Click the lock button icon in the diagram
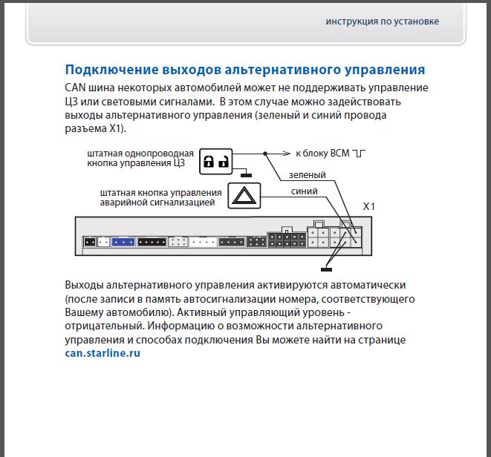click(215, 160)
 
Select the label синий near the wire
click(304, 191)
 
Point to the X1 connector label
click(368, 207)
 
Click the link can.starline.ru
click(103, 353)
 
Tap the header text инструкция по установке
click(382, 21)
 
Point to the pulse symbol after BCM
click(360, 154)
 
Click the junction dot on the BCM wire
click(264, 154)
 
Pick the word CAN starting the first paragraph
click(77, 88)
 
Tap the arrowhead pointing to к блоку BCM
click(287, 154)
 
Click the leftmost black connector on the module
click(90, 241)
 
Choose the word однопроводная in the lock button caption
click(163, 152)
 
